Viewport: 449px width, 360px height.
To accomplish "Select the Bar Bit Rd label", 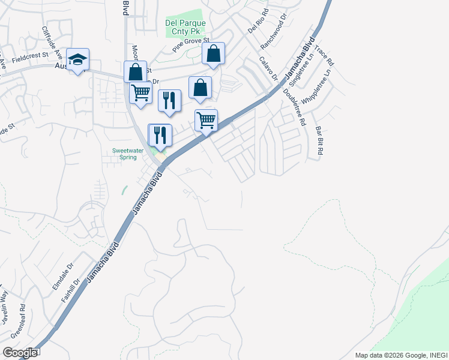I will point(319,141).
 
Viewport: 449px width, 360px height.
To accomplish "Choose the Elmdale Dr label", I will point(62,277).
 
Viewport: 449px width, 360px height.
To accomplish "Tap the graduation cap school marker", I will point(77,59).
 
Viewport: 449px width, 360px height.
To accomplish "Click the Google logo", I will point(19,353).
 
